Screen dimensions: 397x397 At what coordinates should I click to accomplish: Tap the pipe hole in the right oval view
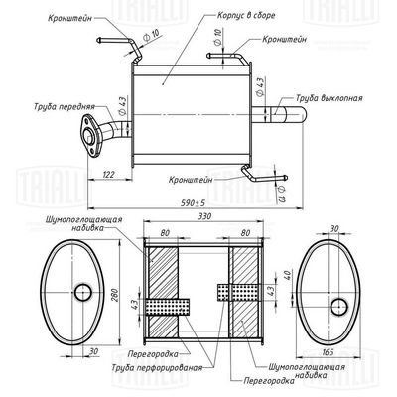[x=338, y=301]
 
